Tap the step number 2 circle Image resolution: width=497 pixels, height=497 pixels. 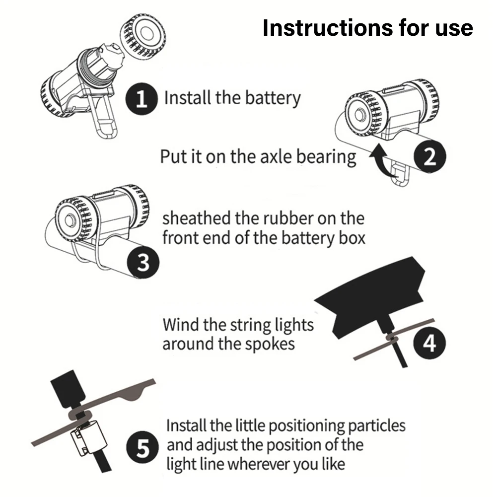(430, 157)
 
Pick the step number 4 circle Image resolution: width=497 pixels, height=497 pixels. (430, 343)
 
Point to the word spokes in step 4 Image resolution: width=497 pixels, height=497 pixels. (270, 344)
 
